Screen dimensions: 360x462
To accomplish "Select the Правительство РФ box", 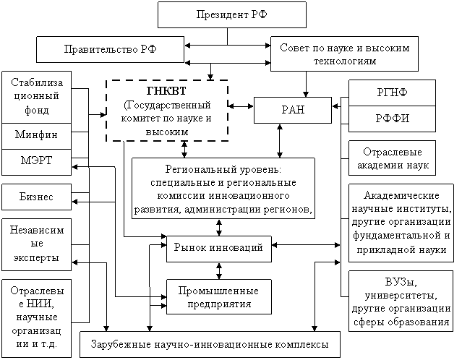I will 111,49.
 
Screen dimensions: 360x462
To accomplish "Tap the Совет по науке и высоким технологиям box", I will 344,54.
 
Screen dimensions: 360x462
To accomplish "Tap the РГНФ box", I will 393,93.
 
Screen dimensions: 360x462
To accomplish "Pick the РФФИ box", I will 393,119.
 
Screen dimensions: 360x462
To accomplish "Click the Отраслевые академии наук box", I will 393,158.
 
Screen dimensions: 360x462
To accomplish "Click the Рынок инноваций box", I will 218,248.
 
